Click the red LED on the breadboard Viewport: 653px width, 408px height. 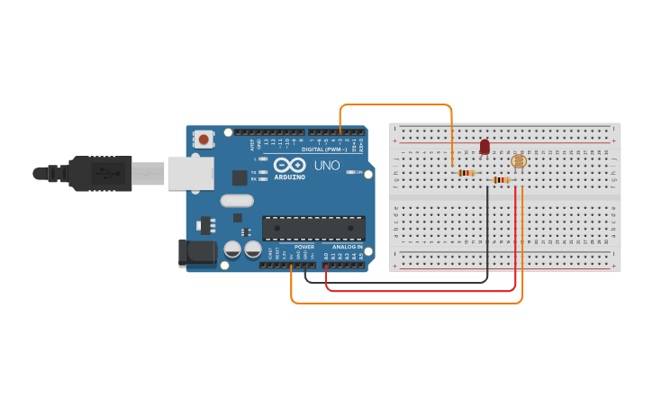[485, 146]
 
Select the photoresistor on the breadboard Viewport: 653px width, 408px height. [518, 162]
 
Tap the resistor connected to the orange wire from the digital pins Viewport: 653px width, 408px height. [466, 173]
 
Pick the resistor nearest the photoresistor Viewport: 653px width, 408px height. [501, 180]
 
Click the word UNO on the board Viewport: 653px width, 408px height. [327, 166]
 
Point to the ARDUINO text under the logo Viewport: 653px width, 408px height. [289, 177]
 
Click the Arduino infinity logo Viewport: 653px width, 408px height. [289, 165]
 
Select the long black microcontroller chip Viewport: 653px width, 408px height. [313, 228]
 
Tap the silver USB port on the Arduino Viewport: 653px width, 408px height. [190, 173]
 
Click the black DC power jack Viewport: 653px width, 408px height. [199, 253]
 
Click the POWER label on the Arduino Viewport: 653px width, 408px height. [304, 246]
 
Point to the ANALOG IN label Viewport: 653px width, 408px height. [347, 246]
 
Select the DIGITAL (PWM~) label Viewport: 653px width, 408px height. [324, 149]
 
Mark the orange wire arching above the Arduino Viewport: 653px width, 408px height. [396, 104]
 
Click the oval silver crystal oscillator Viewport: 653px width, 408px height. [237, 201]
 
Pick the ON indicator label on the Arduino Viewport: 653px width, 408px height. [358, 172]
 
